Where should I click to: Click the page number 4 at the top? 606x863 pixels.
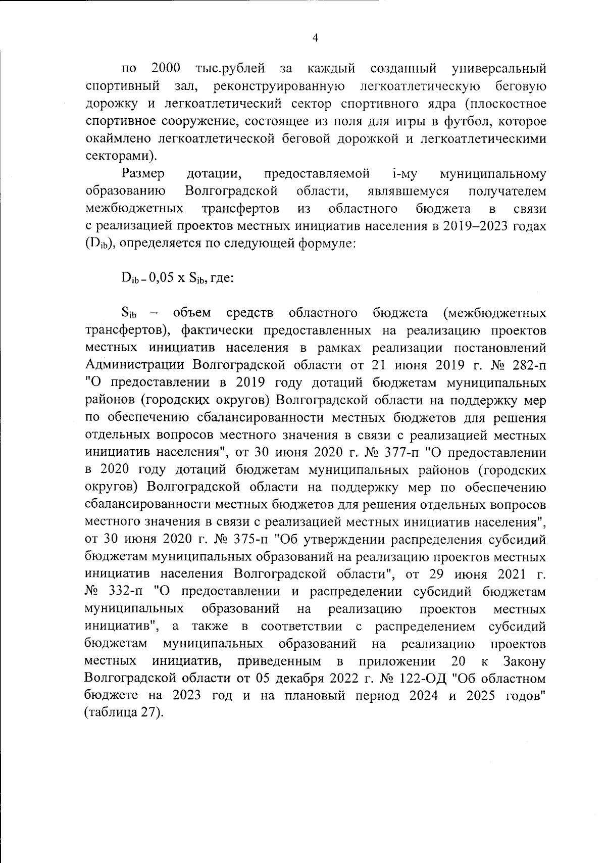pos(315,38)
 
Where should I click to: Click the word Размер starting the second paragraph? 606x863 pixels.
pos(143,174)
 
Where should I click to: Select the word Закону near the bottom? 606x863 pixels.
pos(525,661)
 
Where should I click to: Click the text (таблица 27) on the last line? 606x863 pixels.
pos(123,713)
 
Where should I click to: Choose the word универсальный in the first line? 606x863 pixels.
pos(499,68)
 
